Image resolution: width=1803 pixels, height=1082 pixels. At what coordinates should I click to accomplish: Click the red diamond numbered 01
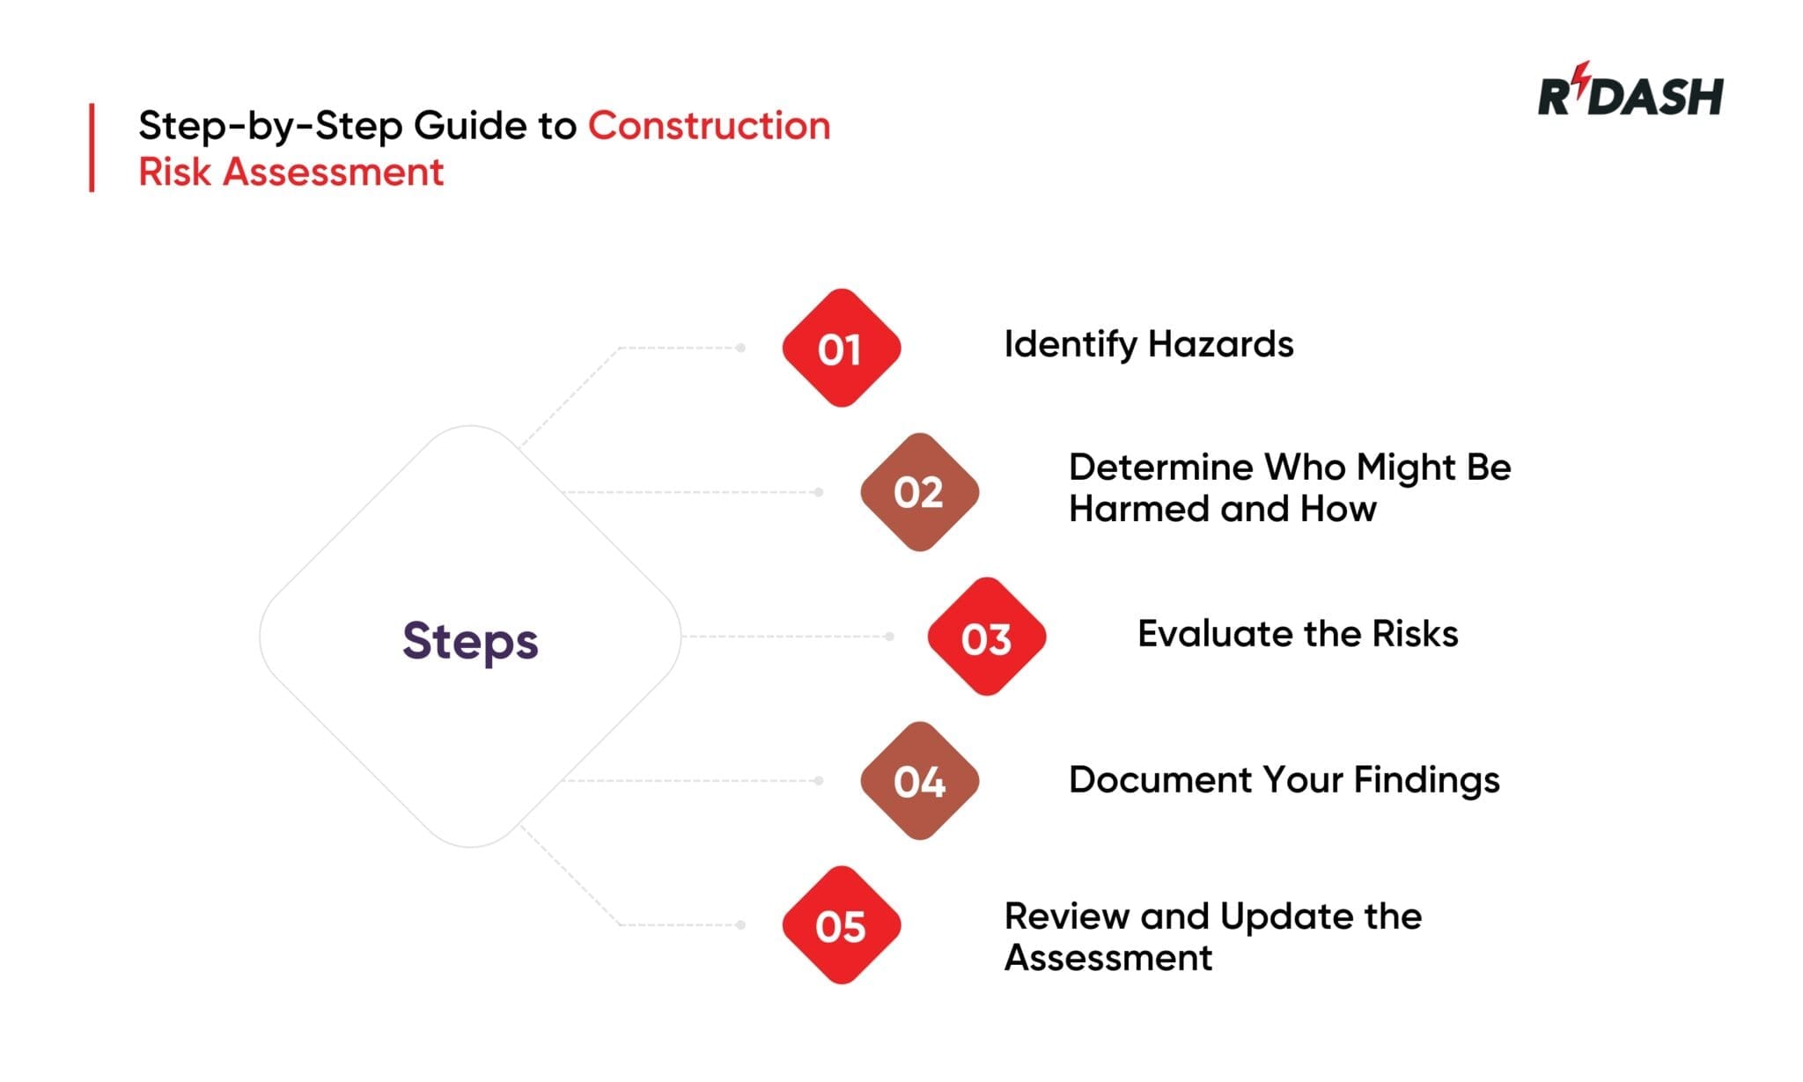click(x=841, y=348)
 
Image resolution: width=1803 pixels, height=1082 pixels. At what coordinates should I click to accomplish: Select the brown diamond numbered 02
click(x=919, y=492)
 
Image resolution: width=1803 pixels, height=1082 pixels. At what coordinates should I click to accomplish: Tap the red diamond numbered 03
click(x=986, y=637)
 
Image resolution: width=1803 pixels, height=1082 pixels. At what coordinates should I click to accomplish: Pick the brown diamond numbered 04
click(x=919, y=781)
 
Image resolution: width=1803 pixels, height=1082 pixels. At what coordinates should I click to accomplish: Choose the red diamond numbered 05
click(x=841, y=925)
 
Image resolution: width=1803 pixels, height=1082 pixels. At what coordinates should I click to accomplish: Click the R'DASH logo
click(x=1630, y=93)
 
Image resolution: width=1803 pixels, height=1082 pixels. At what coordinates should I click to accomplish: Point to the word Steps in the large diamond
click(x=470, y=641)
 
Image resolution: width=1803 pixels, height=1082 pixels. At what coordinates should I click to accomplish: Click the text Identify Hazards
click(x=1148, y=344)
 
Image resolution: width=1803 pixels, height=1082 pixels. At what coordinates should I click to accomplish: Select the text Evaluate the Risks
click(x=1297, y=634)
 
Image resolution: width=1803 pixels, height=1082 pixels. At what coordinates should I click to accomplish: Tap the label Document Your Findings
click(x=1284, y=780)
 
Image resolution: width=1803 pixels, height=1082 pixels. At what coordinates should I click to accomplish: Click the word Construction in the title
click(x=709, y=126)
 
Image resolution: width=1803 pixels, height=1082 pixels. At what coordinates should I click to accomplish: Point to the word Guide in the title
click(x=470, y=126)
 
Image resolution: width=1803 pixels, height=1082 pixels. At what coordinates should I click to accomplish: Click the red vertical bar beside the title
click(x=92, y=148)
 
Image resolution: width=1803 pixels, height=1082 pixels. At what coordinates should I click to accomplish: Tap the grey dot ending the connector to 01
click(x=741, y=348)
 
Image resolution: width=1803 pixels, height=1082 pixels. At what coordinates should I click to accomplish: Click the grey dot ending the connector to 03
click(x=889, y=637)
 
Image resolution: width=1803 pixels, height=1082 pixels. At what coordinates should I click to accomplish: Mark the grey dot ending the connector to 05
click(x=741, y=925)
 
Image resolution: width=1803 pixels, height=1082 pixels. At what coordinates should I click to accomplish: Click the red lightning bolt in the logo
click(x=1582, y=76)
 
